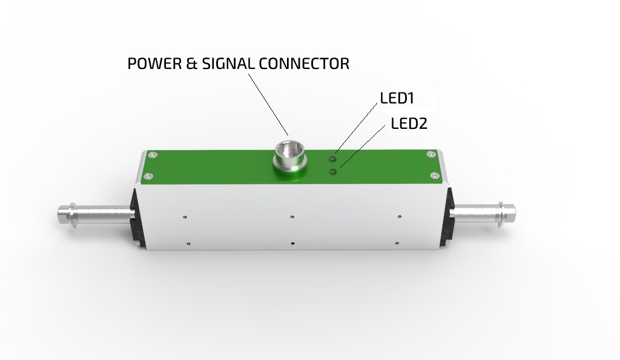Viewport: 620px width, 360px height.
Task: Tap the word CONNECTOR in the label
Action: (308, 64)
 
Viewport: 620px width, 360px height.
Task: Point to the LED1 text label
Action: (397, 98)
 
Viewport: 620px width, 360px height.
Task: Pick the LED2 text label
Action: (409, 124)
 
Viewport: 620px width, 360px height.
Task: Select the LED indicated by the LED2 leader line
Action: (332, 172)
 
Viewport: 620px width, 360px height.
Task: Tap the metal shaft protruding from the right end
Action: (484, 212)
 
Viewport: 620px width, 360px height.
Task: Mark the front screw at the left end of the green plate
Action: (147, 177)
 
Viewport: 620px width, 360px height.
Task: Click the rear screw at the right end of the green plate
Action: (430, 154)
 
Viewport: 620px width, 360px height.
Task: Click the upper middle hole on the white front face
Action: (292, 215)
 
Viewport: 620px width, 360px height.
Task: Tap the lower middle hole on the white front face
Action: (292, 243)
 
